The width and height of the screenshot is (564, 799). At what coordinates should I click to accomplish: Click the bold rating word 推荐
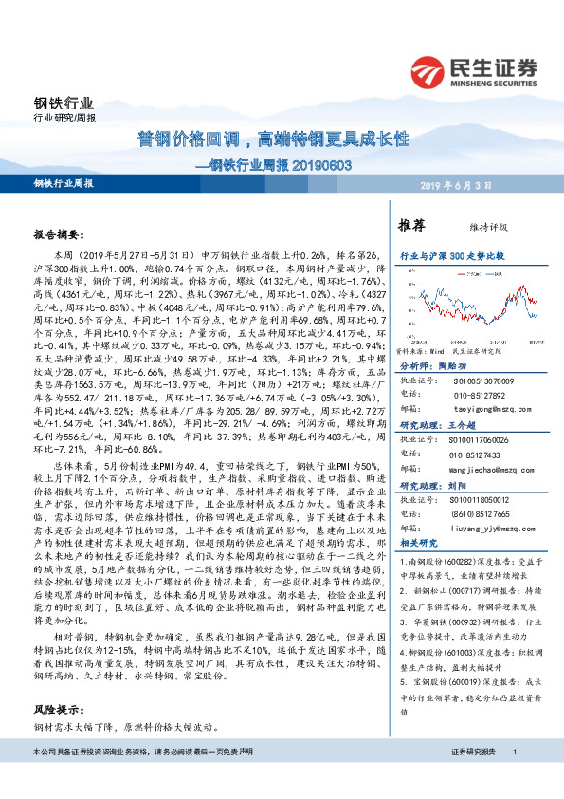(x=410, y=226)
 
